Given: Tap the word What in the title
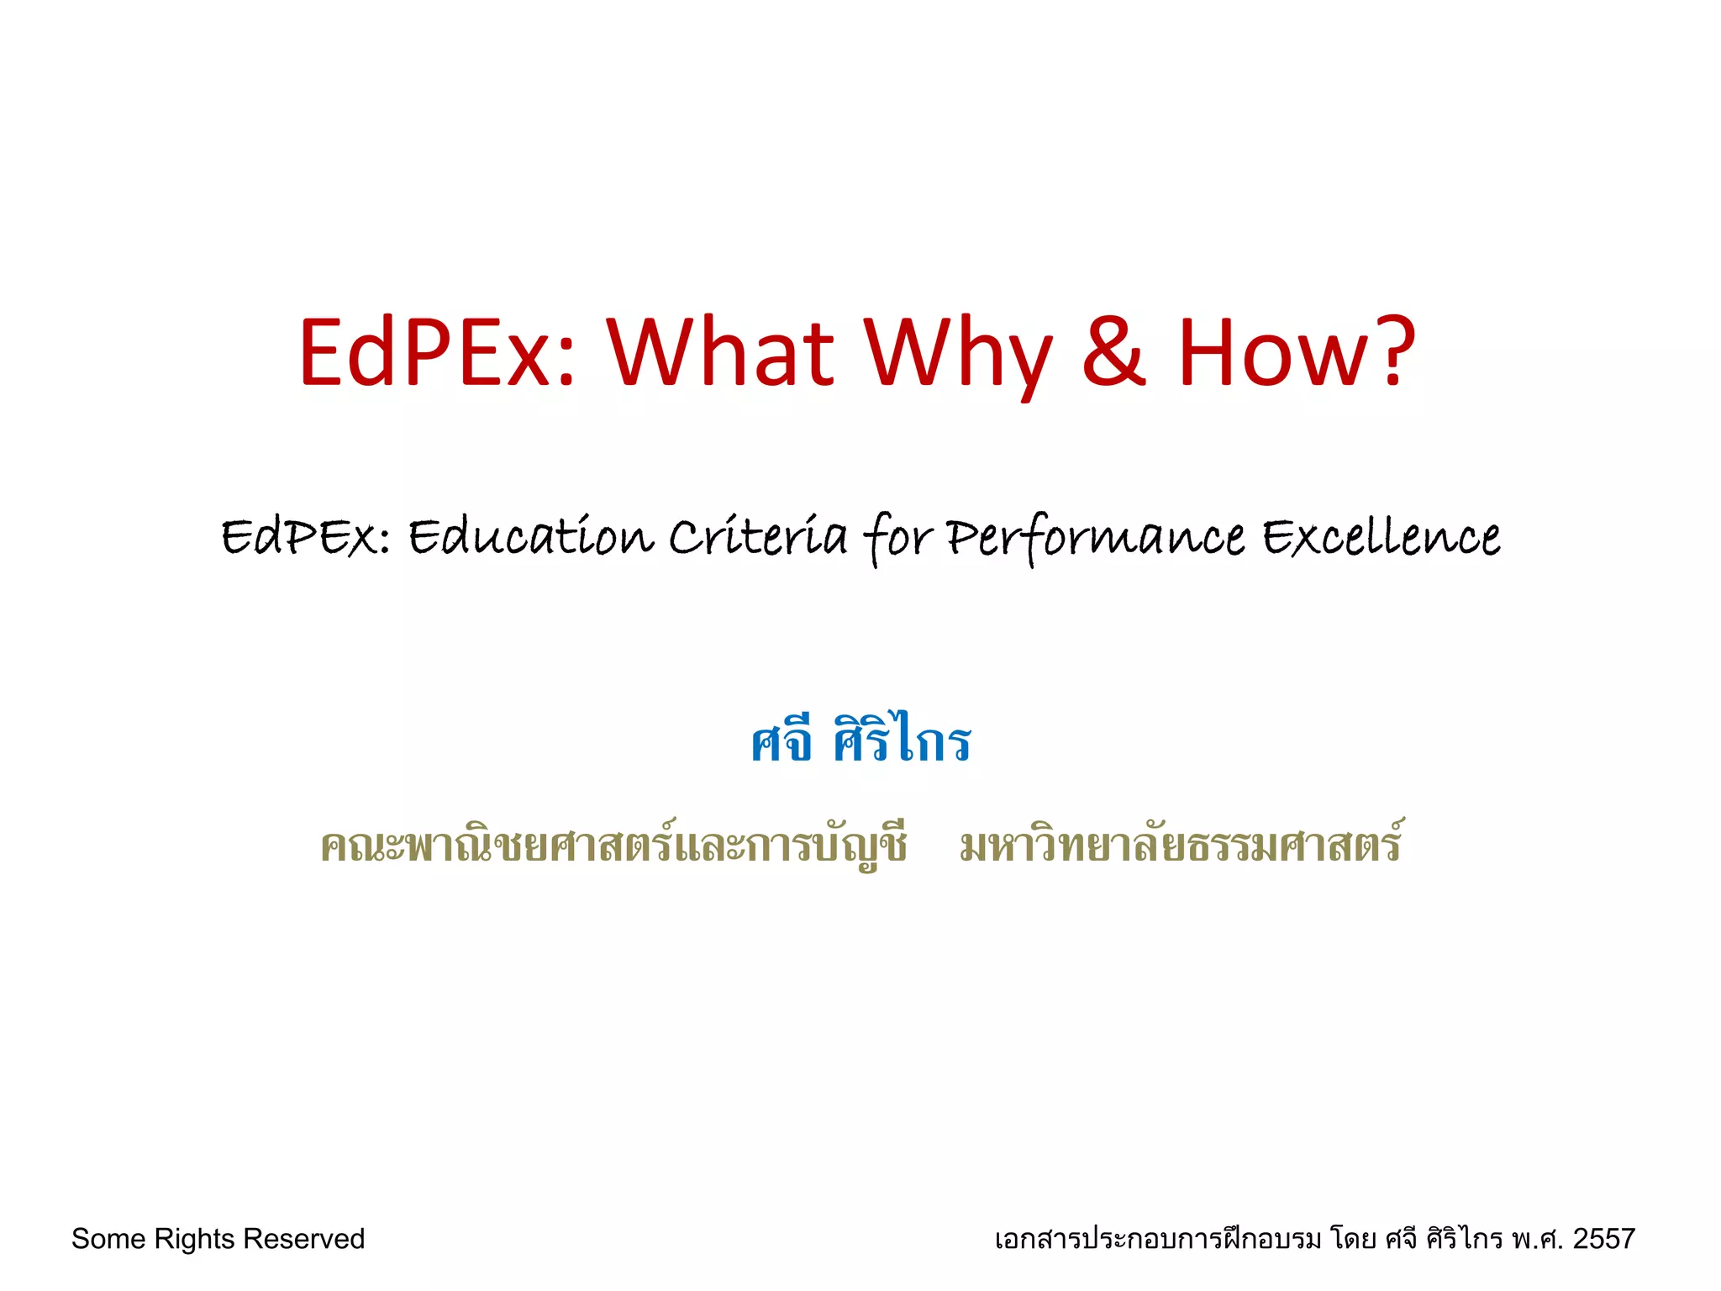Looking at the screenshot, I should pos(721,353).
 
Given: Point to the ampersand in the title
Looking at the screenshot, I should pos(1113,353).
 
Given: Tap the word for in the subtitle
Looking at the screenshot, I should pos(897,538).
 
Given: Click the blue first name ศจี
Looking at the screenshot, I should pos(782,741).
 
